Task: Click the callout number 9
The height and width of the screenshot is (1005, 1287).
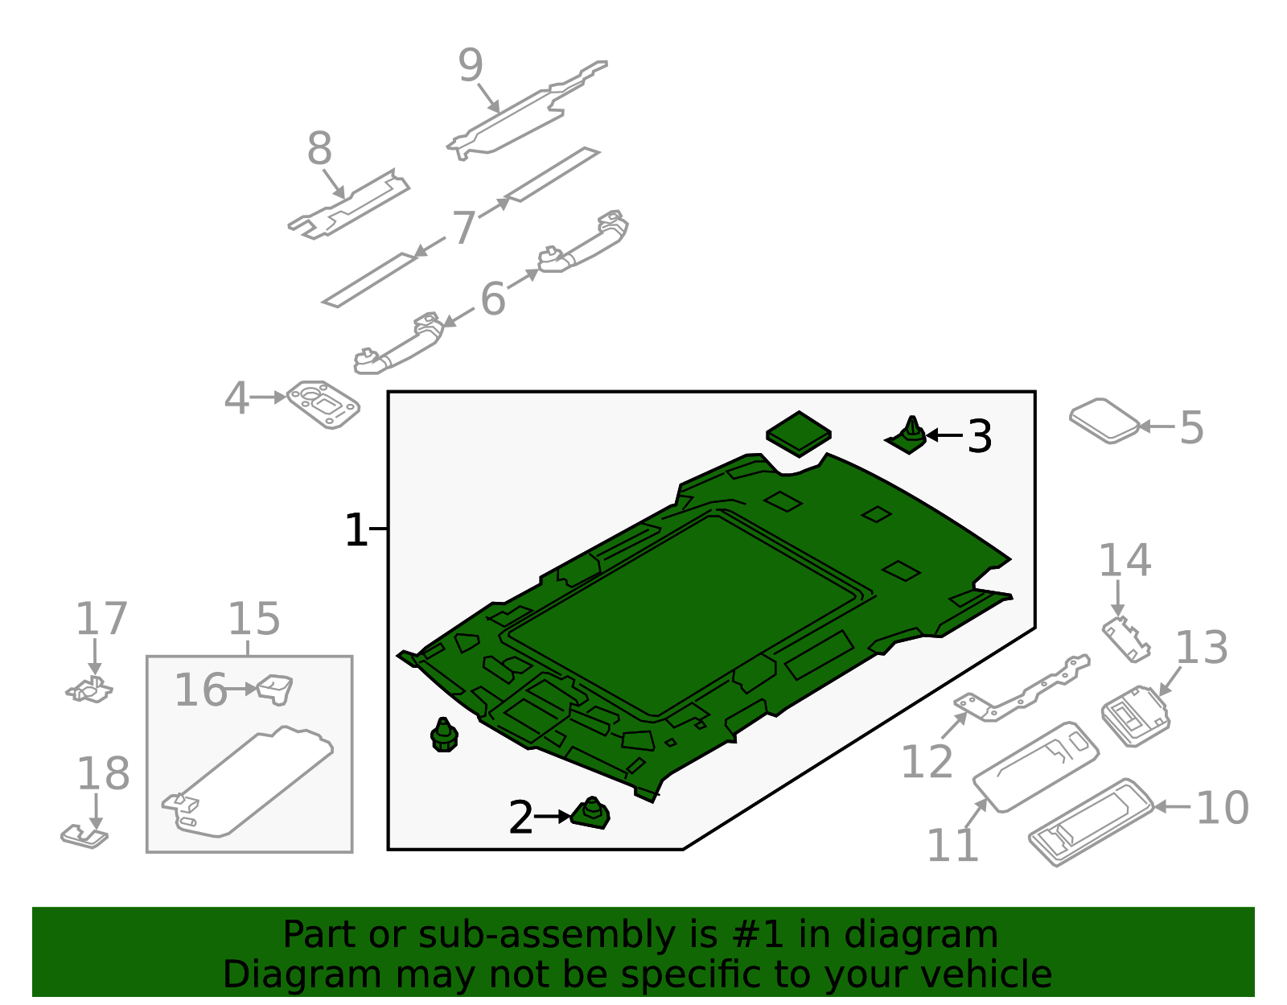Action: click(x=471, y=66)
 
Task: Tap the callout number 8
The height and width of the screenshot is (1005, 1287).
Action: click(x=319, y=150)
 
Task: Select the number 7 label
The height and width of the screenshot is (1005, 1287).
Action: click(x=464, y=228)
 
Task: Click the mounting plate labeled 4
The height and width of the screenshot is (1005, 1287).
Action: click(x=323, y=404)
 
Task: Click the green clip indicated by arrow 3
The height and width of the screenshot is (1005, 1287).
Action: click(x=909, y=437)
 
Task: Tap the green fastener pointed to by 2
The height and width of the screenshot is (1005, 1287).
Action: click(x=591, y=815)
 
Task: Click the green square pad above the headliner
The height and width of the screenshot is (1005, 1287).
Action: click(x=798, y=434)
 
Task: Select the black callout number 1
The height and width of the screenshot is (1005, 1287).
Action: click(x=356, y=531)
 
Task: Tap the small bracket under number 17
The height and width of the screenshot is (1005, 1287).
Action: click(x=90, y=690)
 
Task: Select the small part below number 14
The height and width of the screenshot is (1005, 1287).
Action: click(x=1126, y=640)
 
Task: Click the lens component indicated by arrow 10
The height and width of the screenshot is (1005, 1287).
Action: click(x=1090, y=822)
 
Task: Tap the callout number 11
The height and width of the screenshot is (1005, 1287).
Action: click(x=952, y=846)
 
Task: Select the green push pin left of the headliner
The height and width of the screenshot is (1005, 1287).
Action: click(x=444, y=735)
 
